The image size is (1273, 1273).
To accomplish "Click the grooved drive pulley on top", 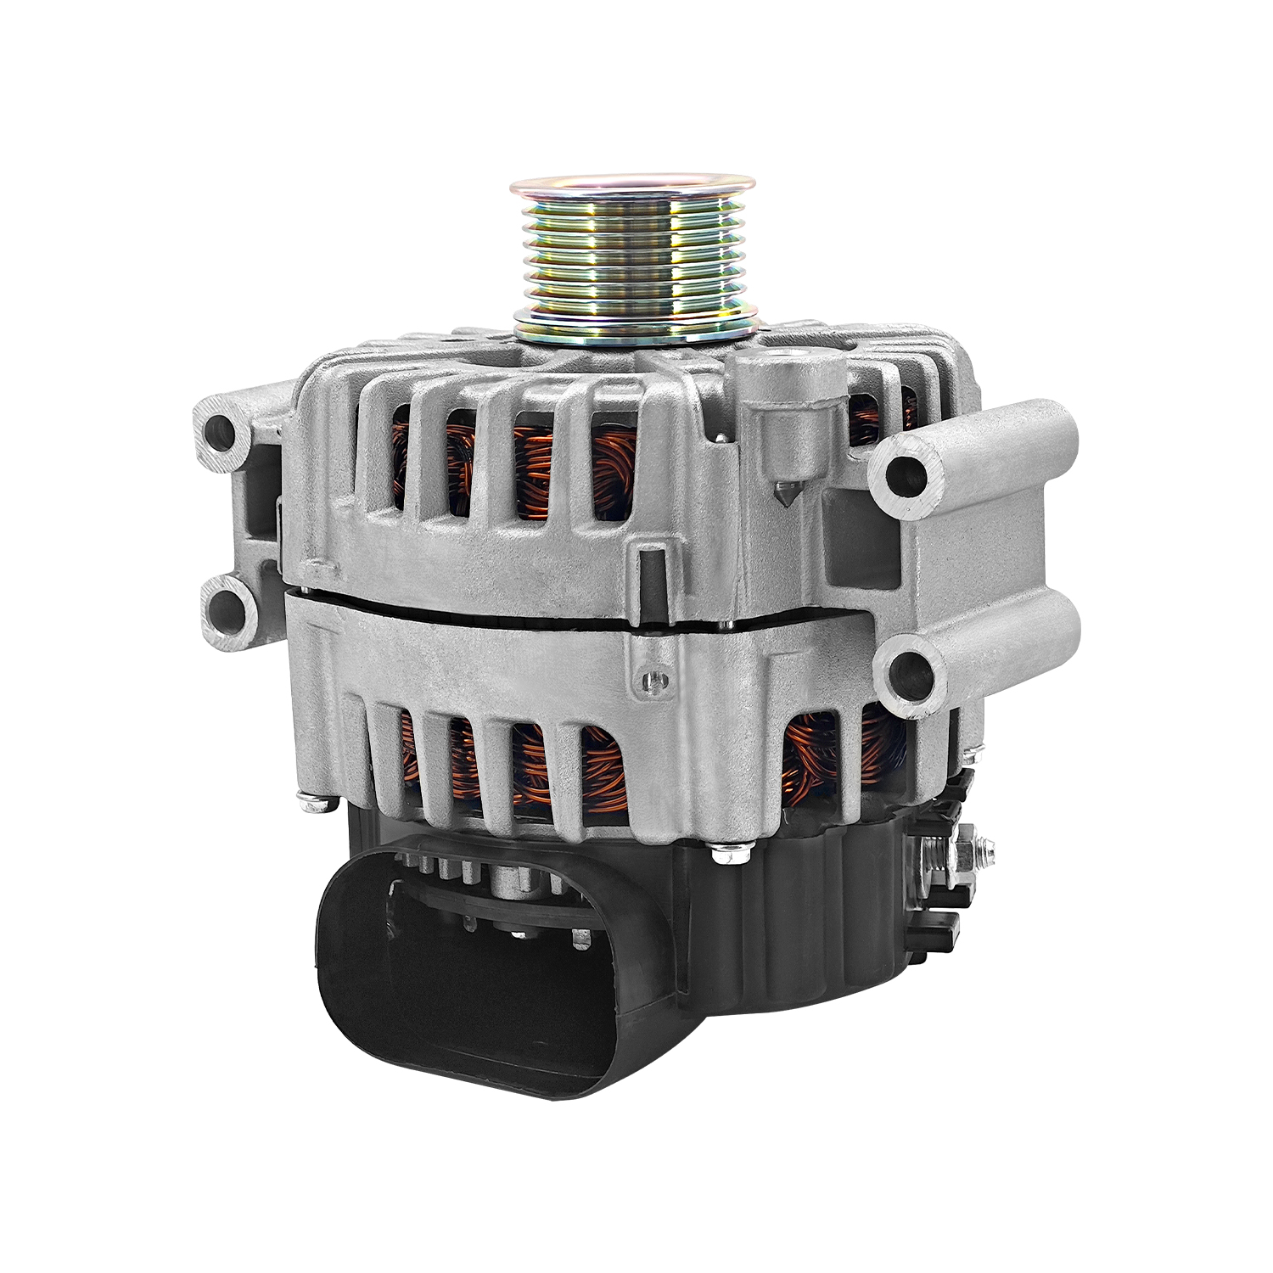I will point(632,255).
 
